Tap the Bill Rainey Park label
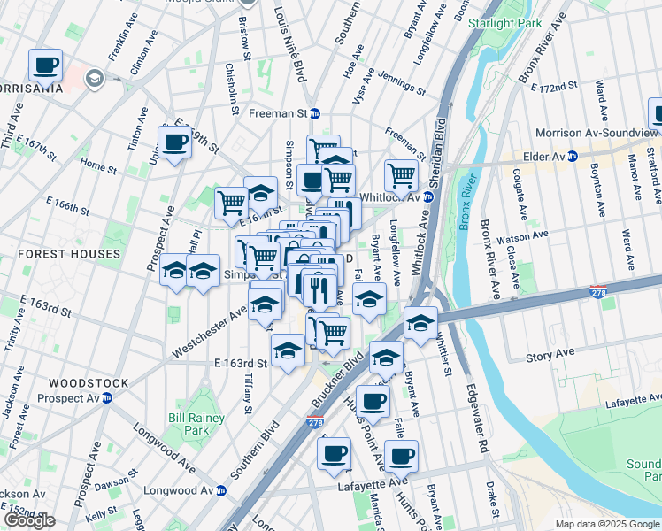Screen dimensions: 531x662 (189, 423)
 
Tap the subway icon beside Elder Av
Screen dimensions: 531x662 (572, 157)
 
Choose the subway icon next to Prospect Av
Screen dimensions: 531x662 (107, 398)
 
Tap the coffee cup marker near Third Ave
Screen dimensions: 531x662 (45, 65)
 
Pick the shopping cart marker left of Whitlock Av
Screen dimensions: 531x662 (402, 175)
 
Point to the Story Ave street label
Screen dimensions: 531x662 (550, 357)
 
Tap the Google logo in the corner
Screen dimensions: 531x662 (29, 520)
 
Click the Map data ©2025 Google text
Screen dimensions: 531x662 (606, 524)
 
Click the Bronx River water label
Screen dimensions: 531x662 (468, 205)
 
